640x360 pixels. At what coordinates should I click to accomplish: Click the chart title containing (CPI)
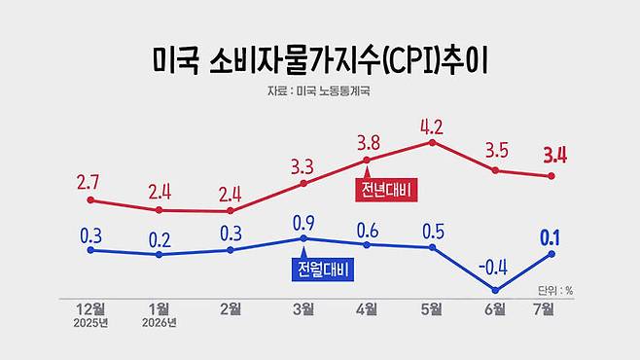(320, 61)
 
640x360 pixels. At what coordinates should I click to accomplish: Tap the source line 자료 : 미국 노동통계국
(319, 90)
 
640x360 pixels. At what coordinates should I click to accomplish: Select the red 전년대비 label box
(386, 190)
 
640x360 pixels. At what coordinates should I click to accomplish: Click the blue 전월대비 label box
(323, 270)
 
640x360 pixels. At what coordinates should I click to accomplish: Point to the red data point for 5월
(432, 142)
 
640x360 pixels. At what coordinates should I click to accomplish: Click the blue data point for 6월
(495, 290)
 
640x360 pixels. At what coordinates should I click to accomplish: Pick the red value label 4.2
(432, 127)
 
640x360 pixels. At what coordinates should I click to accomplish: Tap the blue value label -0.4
(493, 268)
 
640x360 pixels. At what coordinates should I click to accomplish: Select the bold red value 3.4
(555, 155)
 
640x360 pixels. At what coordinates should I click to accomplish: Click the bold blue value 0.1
(551, 238)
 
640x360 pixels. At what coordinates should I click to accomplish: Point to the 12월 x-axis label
(90, 309)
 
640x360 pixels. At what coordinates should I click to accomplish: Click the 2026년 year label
(160, 323)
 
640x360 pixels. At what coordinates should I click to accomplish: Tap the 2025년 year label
(90, 323)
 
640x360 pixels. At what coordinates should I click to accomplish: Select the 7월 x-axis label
(544, 309)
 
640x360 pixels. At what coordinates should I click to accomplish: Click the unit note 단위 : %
(555, 291)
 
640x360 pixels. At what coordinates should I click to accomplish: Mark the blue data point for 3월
(303, 238)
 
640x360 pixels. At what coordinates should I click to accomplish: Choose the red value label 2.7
(88, 182)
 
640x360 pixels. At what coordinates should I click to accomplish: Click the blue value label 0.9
(303, 223)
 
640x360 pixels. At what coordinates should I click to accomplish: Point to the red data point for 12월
(90, 200)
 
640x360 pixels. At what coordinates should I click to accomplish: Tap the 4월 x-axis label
(367, 309)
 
